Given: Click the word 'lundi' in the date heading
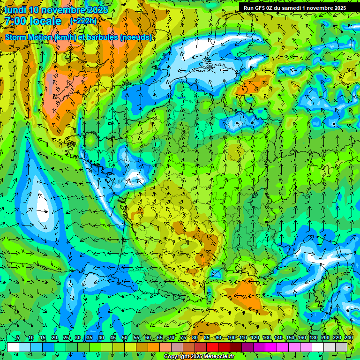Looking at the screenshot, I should click(x=15, y=10).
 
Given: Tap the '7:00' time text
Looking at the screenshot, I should click(x=15, y=21).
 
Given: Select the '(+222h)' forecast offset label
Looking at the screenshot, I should click(x=83, y=21).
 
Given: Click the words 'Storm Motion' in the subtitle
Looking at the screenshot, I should click(x=28, y=37).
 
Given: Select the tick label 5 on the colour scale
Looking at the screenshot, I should click(x=18, y=338).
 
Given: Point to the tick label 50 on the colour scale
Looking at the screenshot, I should click(x=125, y=338).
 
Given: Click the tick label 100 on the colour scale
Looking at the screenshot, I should click(x=231, y=338).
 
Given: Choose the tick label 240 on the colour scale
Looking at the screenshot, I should click(x=348, y=338).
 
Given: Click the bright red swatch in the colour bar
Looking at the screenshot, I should click(x=212, y=347).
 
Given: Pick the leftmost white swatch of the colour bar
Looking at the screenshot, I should click(x=13, y=347).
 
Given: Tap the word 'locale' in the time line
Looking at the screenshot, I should click(x=46, y=21).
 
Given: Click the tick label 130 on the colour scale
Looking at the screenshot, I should click(x=266, y=338).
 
